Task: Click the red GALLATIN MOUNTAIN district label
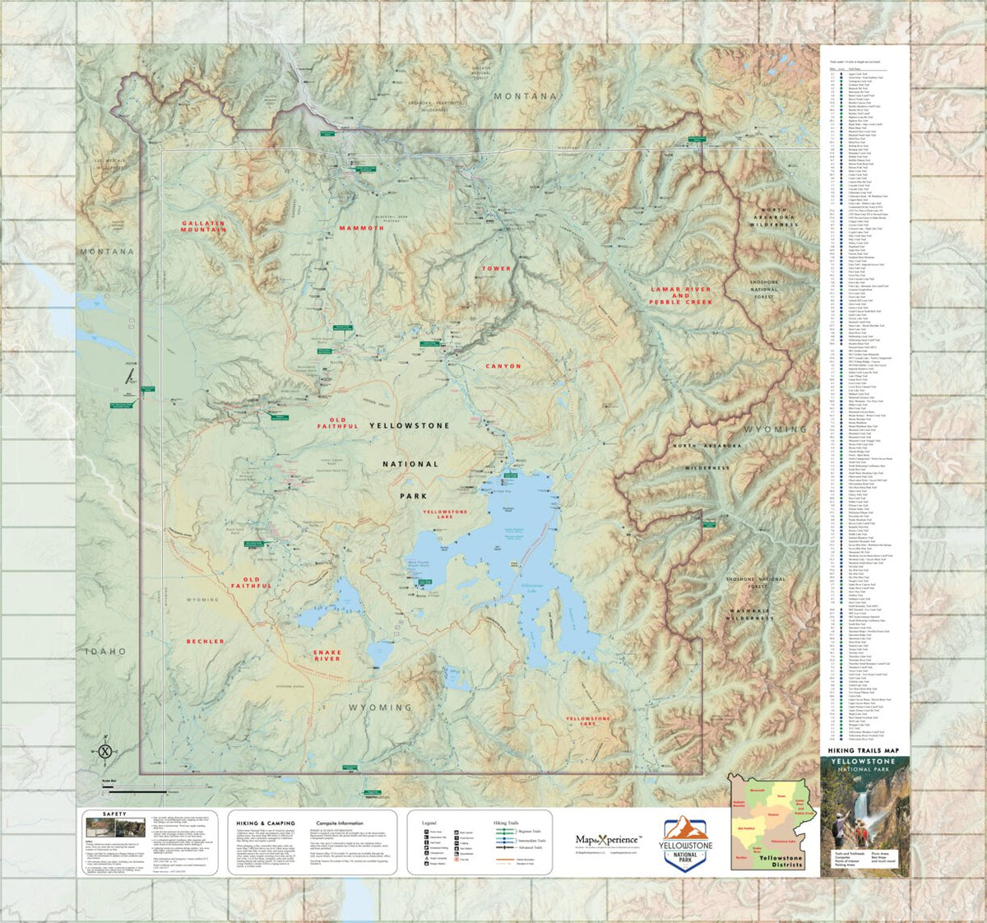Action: point(203,226)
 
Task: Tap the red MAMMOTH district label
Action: point(361,228)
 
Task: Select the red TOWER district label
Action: point(496,268)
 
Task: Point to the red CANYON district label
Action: point(503,366)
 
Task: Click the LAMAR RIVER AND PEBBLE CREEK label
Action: point(680,296)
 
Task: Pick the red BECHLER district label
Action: point(205,641)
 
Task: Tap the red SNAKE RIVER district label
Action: point(327,655)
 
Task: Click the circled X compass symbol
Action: point(105,750)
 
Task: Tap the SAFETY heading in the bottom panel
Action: point(114,814)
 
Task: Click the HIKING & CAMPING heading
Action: point(265,823)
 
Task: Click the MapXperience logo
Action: point(608,840)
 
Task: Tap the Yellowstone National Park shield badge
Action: point(686,842)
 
